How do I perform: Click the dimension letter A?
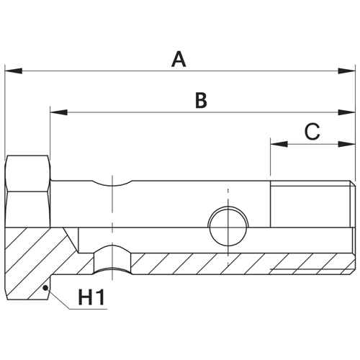[179, 59]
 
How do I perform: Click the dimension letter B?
[201, 100]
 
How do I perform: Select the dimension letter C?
[312, 131]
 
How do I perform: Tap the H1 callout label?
[91, 297]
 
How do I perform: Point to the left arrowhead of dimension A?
[14, 71]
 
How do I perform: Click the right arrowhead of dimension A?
[346, 71]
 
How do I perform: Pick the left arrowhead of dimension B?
[58, 112]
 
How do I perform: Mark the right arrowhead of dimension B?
[346, 112]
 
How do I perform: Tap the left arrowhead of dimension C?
[279, 144]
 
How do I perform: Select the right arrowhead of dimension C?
[346, 144]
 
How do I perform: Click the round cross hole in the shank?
[228, 226]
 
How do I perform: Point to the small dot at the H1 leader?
[45, 288]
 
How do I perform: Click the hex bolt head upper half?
[28, 192]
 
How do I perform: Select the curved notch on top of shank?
[112, 184]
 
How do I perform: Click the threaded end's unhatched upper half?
[310, 204]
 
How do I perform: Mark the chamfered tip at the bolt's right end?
[353, 228]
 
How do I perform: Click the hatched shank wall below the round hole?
[228, 264]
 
